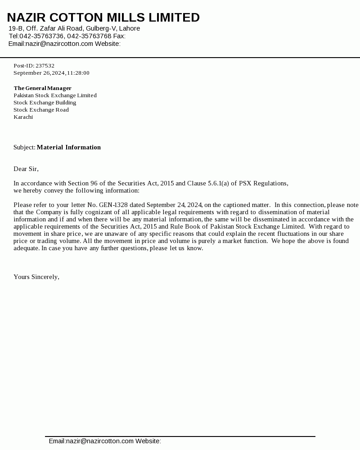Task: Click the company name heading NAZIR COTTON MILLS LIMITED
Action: point(103,18)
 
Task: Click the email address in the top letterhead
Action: point(59,44)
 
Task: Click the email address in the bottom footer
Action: point(100,441)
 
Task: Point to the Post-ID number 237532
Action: point(45,66)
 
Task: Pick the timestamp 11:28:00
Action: point(78,73)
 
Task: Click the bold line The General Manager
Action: point(42,88)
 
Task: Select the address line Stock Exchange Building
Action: point(45,103)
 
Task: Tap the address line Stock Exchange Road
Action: point(41,110)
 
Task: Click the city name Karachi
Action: point(23,117)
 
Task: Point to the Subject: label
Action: point(24,148)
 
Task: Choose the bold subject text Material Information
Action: point(69,148)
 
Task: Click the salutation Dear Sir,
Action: point(26,169)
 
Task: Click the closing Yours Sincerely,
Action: point(36,277)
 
